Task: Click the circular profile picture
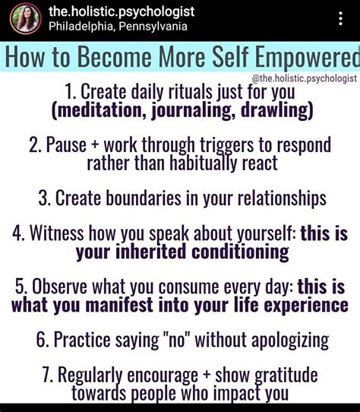(26, 19)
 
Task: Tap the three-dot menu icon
(340, 18)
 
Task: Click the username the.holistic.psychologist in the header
(122, 12)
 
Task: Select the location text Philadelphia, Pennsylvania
(118, 27)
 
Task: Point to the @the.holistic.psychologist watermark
(304, 78)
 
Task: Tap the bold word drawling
(274, 110)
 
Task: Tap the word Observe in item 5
(59, 286)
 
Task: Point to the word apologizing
(290, 341)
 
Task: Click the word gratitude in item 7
(286, 376)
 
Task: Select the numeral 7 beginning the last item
(46, 375)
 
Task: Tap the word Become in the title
(115, 57)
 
